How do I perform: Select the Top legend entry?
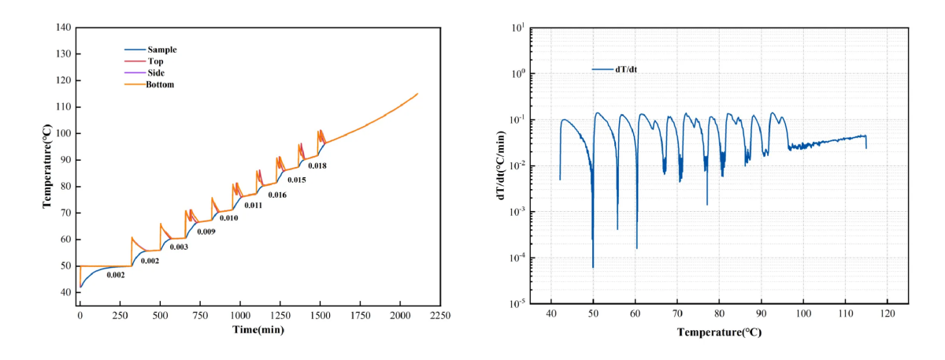[x=155, y=61]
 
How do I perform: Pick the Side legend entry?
[x=156, y=72]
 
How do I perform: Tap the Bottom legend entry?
[x=160, y=84]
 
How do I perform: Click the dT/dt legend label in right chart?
[x=626, y=69]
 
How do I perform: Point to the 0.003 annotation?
[x=179, y=247]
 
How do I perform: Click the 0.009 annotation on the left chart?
[x=206, y=232]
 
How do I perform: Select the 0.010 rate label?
[x=228, y=217]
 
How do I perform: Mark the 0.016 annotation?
[x=276, y=194]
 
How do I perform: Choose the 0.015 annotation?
[x=297, y=180]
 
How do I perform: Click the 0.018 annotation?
[x=317, y=165]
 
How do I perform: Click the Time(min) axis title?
[x=258, y=330]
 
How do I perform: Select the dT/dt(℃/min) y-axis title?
[x=502, y=166]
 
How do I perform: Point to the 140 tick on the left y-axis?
[x=62, y=28]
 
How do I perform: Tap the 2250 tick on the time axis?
[x=439, y=314]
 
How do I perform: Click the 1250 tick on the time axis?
[x=280, y=314]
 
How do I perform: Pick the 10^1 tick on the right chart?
[x=517, y=28]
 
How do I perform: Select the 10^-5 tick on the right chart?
[x=517, y=304]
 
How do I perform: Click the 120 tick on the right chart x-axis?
[x=888, y=314]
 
